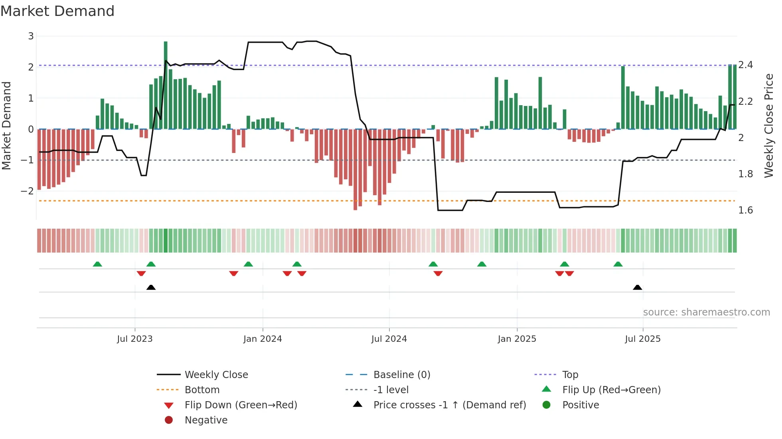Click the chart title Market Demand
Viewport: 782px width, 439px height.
57,11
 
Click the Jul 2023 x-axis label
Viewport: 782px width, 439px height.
135,339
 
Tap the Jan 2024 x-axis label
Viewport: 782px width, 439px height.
263,339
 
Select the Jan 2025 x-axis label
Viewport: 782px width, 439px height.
517,339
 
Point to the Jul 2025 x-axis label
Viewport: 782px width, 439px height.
642,339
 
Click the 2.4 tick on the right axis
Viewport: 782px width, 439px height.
745,65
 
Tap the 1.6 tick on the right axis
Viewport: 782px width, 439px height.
745,210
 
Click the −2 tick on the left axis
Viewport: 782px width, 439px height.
27,191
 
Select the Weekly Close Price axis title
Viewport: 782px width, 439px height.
769,125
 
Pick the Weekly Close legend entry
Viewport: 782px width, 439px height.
216,374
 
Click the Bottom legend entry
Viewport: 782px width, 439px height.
202,390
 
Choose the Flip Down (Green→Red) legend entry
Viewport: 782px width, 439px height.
241,405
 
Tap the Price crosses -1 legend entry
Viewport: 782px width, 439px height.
449,405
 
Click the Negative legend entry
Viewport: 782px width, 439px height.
206,420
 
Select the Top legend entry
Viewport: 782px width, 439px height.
570,374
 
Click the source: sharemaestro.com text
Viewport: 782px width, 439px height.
706,312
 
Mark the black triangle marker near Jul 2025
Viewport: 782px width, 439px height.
637,288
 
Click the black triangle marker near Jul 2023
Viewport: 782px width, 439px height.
151,288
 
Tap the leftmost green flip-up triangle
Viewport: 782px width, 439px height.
97,264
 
